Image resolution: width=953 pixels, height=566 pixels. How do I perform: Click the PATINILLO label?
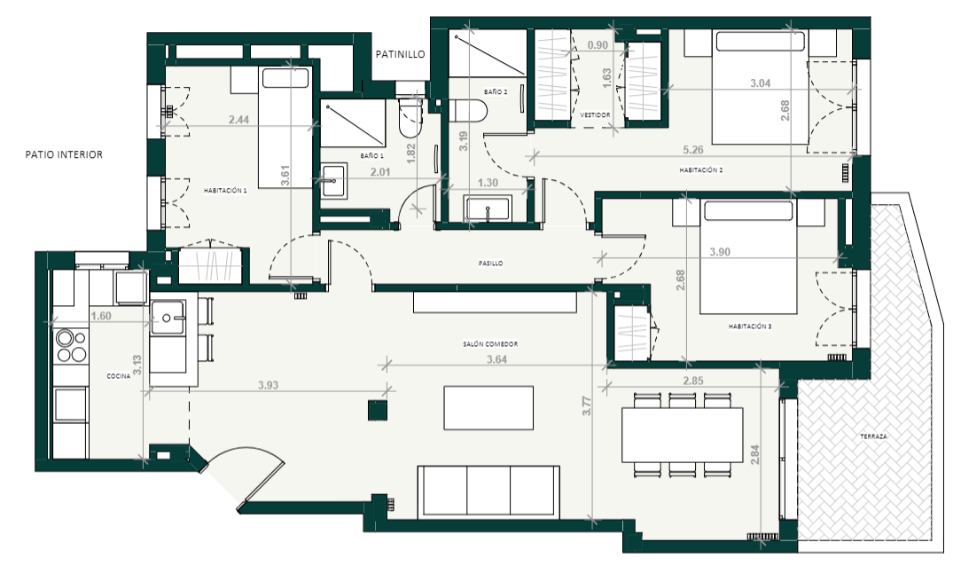[x=400, y=54]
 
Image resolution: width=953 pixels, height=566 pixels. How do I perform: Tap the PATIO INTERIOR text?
[x=64, y=154]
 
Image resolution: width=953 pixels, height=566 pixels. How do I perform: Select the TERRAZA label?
[x=873, y=436]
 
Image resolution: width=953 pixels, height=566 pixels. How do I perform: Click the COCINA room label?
[x=119, y=376]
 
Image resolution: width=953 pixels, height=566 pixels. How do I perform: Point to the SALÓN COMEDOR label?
[x=490, y=344]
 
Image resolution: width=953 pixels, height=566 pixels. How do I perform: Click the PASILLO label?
[x=490, y=263]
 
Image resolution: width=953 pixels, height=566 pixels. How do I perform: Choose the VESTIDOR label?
[x=595, y=114]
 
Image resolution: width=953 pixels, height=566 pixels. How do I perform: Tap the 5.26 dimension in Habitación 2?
[x=693, y=150]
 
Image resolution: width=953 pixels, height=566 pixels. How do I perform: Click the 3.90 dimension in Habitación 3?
[x=720, y=252]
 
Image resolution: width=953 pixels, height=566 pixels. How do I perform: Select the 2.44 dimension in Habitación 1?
[x=238, y=120]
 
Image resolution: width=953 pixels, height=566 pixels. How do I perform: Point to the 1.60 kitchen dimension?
[x=101, y=316]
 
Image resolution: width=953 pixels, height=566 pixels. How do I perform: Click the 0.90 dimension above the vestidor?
[x=598, y=44]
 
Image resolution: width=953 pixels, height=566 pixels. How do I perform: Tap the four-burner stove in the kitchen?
[x=71, y=346]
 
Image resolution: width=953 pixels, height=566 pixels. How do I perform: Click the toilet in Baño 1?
[x=410, y=118]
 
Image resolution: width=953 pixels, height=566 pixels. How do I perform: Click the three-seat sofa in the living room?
[x=488, y=492]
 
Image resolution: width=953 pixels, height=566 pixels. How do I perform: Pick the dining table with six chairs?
[x=682, y=436]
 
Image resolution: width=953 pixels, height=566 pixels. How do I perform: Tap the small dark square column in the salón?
[x=378, y=411]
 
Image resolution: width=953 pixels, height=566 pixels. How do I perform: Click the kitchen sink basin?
[x=168, y=318]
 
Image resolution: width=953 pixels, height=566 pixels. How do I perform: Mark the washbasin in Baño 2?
[x=488, y=208]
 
